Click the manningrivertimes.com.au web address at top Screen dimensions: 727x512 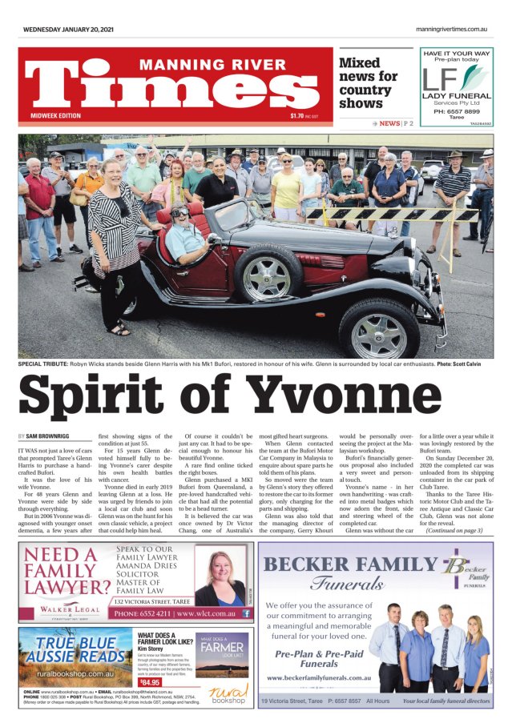click(x=451, y=30)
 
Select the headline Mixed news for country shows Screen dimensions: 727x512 click(x=368, y=83)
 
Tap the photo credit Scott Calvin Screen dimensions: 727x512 click(x=464, y=364)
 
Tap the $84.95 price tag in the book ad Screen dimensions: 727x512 click(x=149, y=682)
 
